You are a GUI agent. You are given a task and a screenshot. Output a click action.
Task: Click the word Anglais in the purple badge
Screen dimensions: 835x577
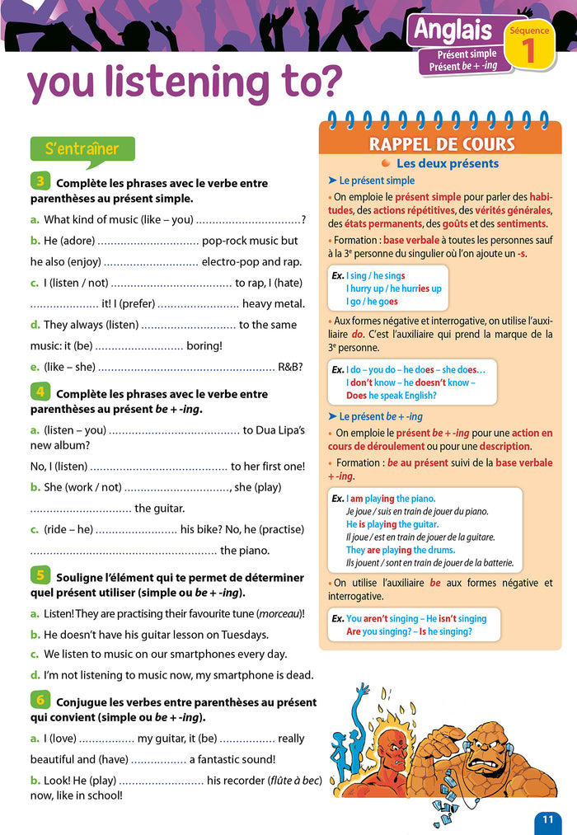[x=452, y=30]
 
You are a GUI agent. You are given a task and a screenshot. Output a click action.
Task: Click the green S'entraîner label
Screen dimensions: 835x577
[x=82, y=149]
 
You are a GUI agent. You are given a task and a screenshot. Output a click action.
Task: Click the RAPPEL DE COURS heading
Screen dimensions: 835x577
[x=441, y=144]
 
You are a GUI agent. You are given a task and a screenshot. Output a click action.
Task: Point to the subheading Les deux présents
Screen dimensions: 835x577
[x=447, y=163]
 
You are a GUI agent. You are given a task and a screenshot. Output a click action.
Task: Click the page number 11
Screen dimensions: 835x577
[x=547, y=819]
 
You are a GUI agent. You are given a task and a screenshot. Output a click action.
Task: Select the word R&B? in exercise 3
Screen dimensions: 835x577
[x=290, y=367]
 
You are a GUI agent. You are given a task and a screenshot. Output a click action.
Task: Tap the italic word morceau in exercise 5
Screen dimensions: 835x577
[x=279, y=614]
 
